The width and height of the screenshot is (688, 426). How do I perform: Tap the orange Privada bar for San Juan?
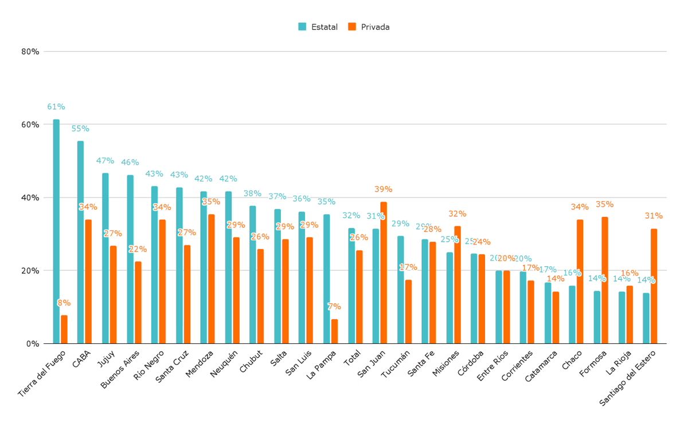(x=384, y=273)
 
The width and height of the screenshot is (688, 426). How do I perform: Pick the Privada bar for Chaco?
(x=580, y=281)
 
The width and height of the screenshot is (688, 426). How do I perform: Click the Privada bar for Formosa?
(x=605, y=280)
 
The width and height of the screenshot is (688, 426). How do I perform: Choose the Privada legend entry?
(x=369, y=27)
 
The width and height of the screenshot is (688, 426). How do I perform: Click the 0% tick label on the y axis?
(x=33, y=344)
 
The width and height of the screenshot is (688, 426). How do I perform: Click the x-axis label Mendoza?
(x=200, y=365)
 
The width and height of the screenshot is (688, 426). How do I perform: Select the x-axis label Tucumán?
(x=396, y=365)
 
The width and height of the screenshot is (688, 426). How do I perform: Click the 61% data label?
(x=56, y=107)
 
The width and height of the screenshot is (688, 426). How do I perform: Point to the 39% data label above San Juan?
(x=383, y=189)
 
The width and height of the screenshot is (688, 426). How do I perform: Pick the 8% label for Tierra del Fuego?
(x=64, y=303)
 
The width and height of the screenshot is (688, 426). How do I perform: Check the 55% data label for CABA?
(x=80, y=129)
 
